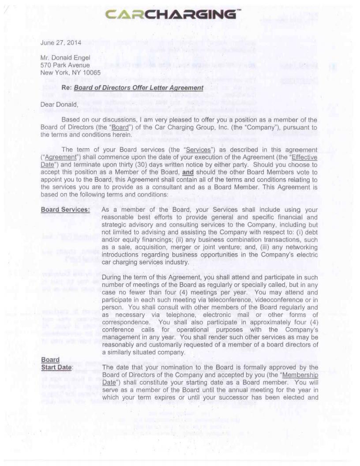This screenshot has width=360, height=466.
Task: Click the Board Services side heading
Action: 65,210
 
